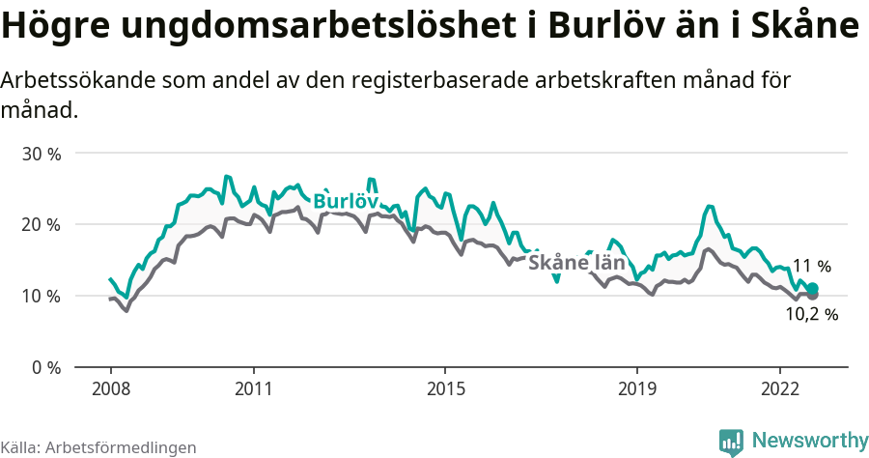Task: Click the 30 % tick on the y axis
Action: point(42,154)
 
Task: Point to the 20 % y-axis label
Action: point(42,224)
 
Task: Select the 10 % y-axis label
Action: point(42,296)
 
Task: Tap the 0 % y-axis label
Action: point(46,367)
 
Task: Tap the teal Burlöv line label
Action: point(345,201)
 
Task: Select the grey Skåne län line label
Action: point(576,262)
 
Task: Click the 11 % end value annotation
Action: point(811,266)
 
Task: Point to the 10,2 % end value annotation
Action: point(811,314)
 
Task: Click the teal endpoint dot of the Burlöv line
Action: point(813,288)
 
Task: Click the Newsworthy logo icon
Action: point(731,442)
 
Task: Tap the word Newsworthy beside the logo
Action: point(810,441)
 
